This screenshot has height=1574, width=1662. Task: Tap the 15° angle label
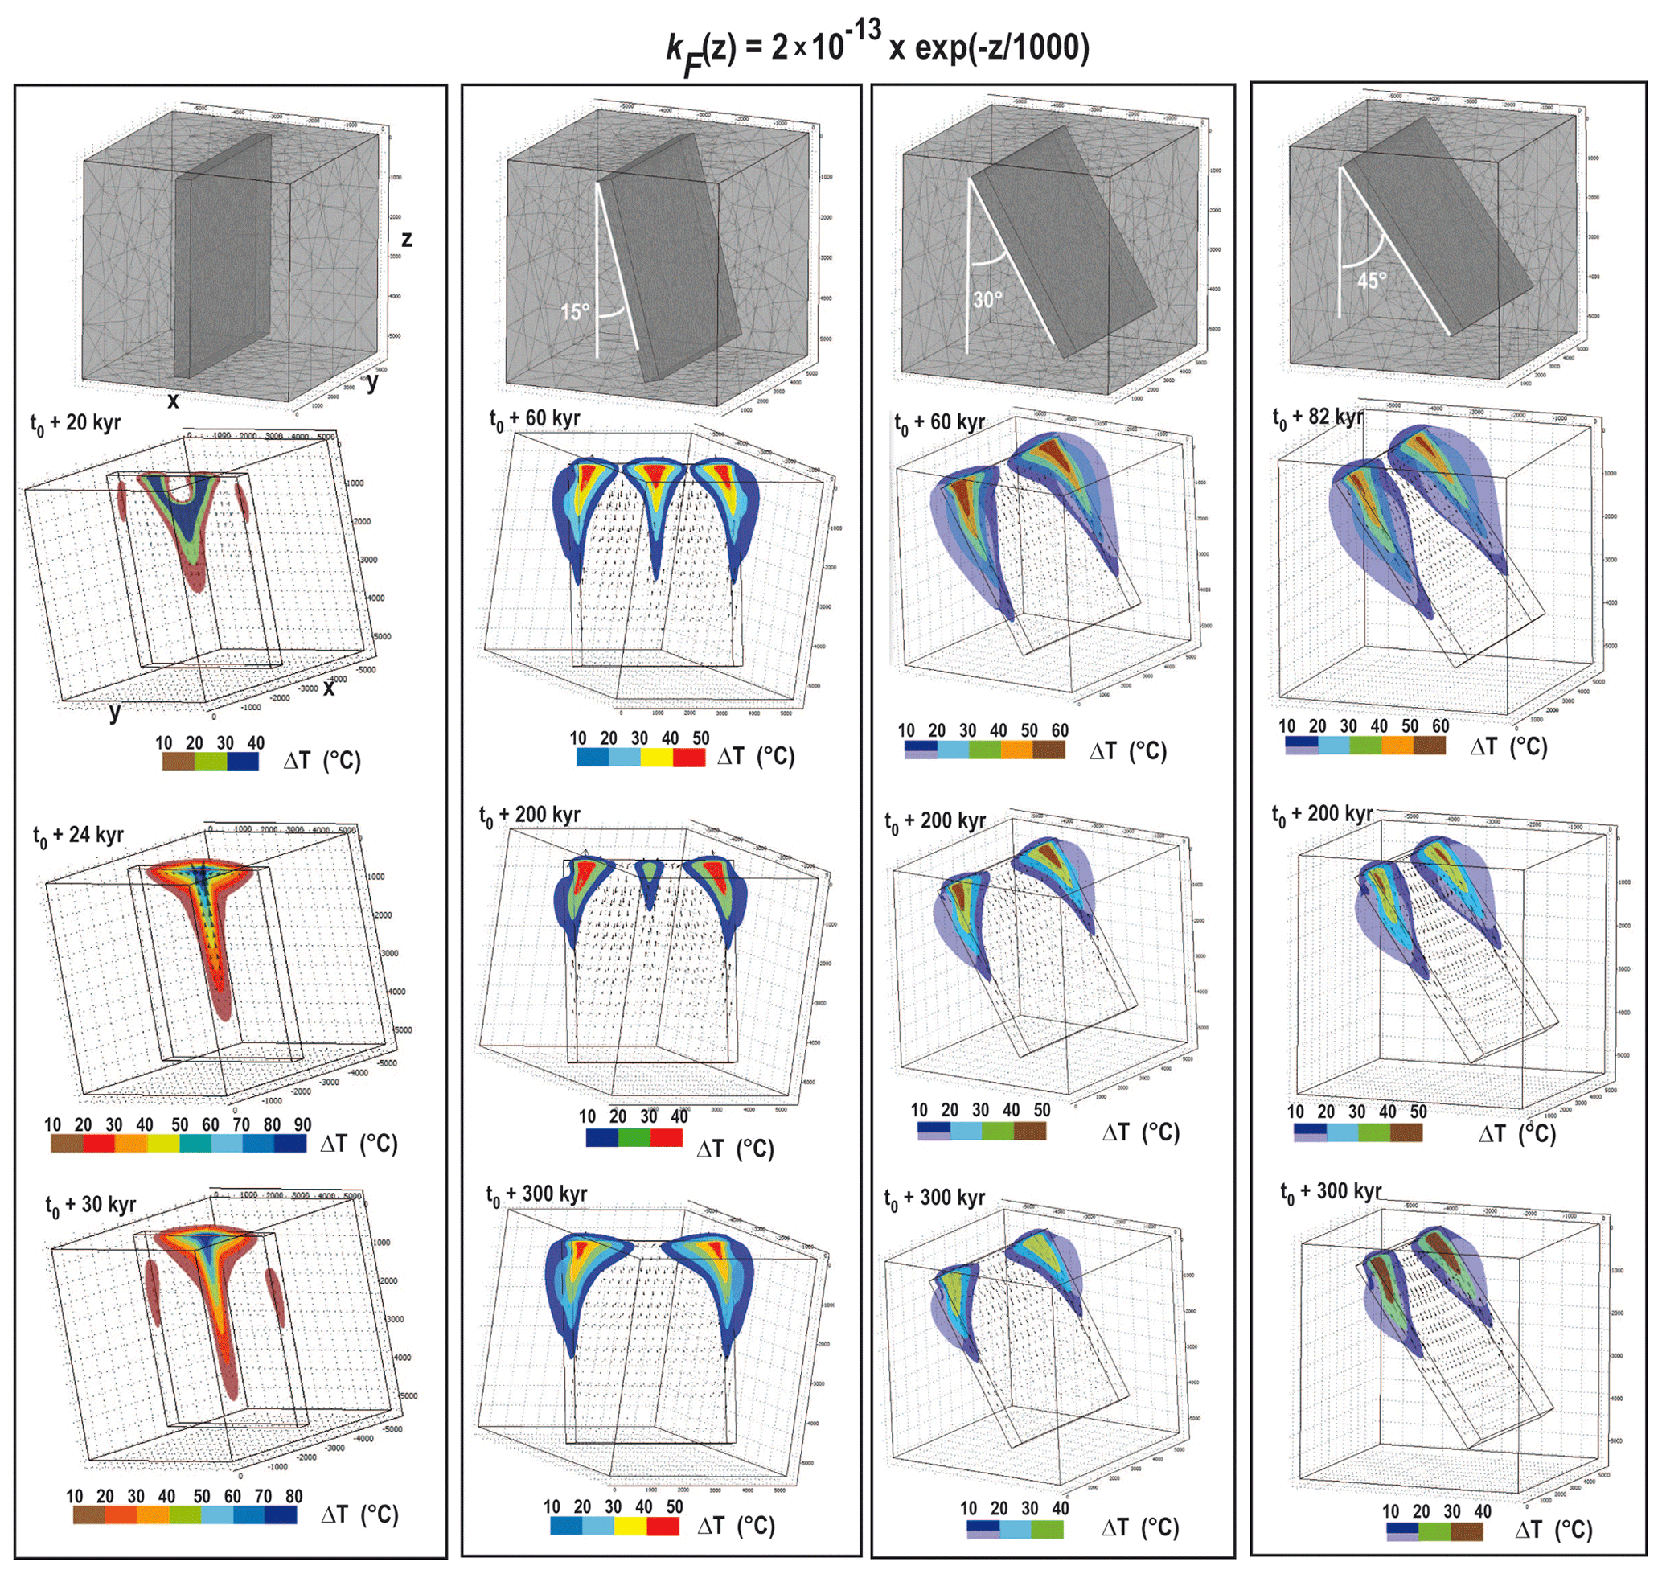(x=575, y=312)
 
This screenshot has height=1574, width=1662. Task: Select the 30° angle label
(x=987, y=299)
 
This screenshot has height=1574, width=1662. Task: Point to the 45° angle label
(x=1371, y=280)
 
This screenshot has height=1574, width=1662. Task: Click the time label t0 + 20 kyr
(x=76, y=424)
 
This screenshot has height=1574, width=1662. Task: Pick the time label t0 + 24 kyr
(x=78, y=836)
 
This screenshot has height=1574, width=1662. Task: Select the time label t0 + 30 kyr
(x=91, y=1206)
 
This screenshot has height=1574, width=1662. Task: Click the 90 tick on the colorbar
(x=302, y=1124)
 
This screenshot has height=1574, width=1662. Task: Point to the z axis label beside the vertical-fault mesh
(x=407, y=240)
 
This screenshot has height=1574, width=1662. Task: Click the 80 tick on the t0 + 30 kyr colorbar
(x=293, y=1496)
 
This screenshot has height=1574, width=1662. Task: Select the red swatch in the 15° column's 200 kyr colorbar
(x=666, y=1138)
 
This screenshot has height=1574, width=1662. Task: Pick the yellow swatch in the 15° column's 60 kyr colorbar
(x=656, y=757)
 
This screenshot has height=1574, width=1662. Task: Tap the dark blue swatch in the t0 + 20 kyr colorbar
(x=243, y=761)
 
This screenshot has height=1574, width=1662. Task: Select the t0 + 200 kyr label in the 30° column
(x=934, y=820)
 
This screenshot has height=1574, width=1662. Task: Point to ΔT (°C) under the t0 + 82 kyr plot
(x=1508, y=746)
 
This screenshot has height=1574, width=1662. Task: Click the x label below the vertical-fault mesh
(x=173, y=401)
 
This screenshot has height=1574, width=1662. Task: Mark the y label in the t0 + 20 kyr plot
(x=114, y=713)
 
